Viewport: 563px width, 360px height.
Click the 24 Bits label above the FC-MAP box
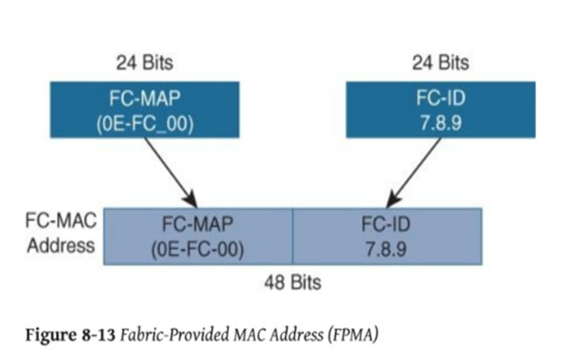145,63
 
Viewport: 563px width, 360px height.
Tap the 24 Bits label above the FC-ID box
441,63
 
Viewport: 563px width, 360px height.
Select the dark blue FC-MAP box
145,109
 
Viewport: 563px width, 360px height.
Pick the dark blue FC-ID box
441,109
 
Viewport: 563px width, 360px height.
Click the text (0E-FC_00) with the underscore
145,124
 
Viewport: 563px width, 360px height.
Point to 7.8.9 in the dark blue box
441,123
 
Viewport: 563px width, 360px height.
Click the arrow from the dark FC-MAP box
171,173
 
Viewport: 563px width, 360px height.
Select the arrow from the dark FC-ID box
414,173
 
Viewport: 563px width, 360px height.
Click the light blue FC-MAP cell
198,237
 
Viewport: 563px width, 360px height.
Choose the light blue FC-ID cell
387,237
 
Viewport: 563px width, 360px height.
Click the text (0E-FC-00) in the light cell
198,249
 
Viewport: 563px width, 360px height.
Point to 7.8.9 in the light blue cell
386,249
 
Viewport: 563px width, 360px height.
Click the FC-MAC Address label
61,233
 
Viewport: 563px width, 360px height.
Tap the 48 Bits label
293,282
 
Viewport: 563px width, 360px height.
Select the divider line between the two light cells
293,237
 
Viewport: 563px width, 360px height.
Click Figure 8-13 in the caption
70,335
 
